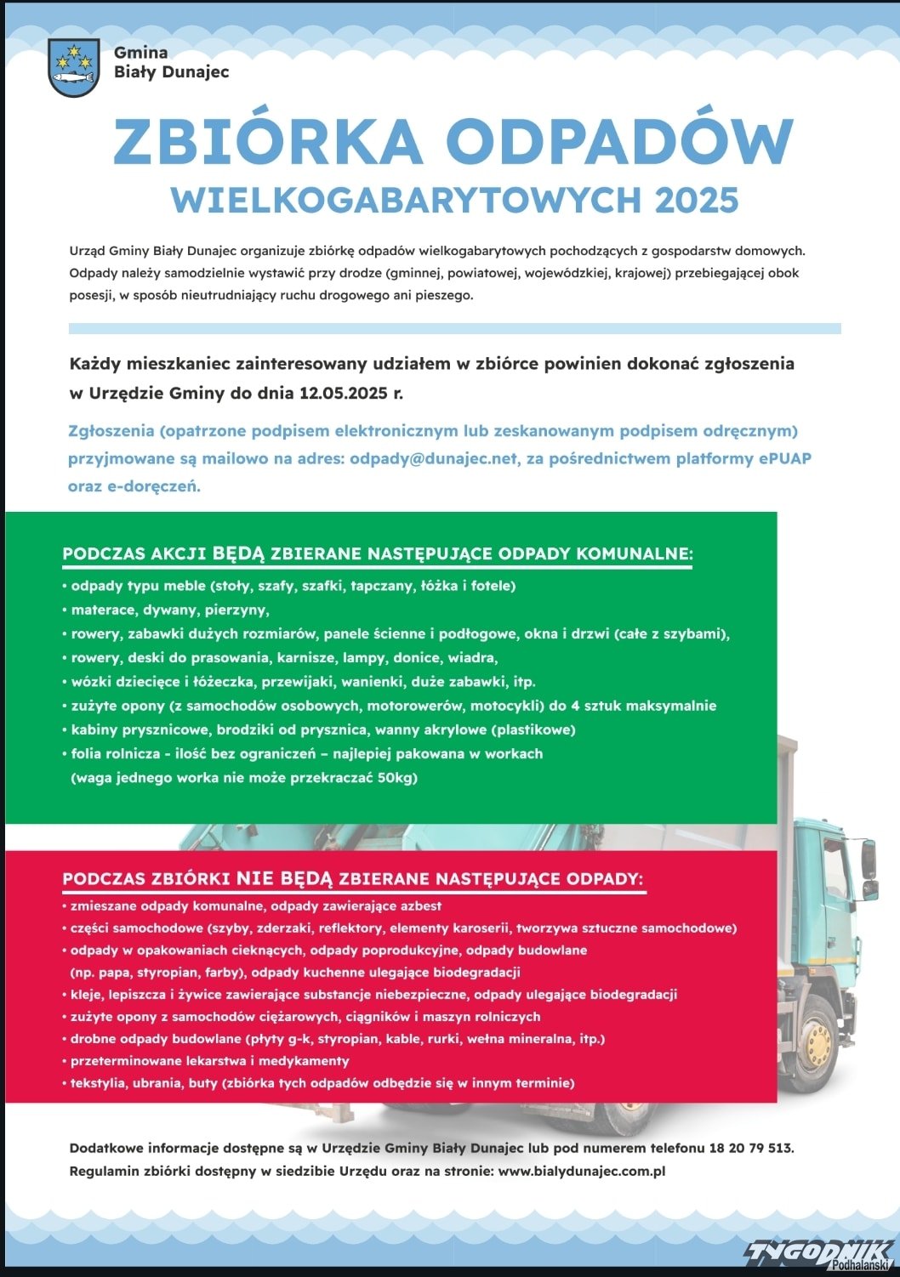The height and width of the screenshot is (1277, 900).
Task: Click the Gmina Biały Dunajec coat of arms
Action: tap(74, 67)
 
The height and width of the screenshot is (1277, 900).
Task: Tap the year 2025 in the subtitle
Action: tap(697, 201)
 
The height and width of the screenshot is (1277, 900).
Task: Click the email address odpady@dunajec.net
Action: tap(433, 458)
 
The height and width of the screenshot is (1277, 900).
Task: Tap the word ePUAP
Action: tap(784, 458)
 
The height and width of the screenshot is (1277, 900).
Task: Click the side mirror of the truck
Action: tap(868, 860)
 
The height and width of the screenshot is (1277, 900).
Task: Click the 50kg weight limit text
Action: tap(397, 778)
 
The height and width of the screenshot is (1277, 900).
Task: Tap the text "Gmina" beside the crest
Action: tap(141, 53)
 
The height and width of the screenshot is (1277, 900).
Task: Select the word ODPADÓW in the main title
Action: tap(619, 141)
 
